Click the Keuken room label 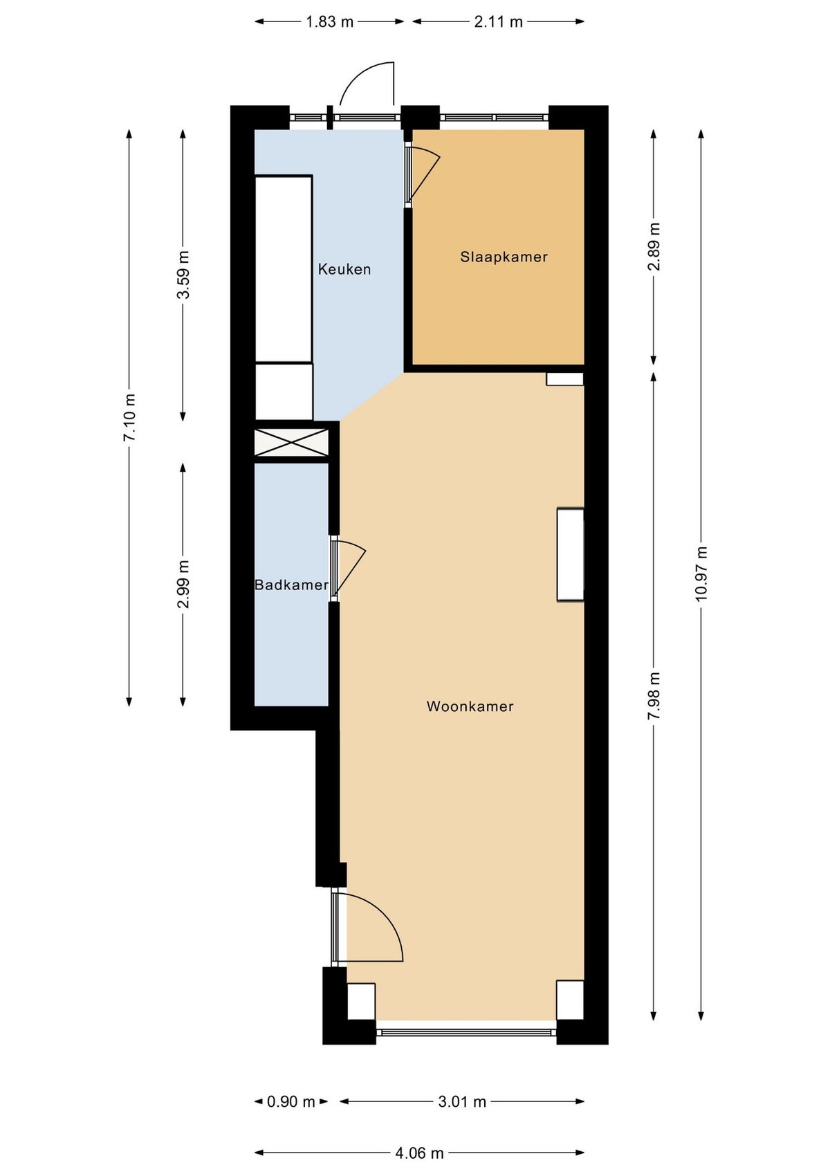coord(344,269)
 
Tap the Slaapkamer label coord(504,257)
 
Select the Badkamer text coord(291,585)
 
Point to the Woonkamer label coord(470,706)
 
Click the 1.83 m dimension coord(329,21)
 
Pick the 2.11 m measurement coord(498,21)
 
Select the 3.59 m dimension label coord(183,275)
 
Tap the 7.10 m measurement coord(129,417)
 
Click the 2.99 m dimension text coord(183,585)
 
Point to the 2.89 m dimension coord(654,247)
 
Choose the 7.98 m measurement coord(654,695)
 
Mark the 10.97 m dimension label coord(701,574)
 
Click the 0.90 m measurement coord(290,1101)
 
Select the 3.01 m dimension coord(462,1101)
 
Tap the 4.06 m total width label coord(419,1153)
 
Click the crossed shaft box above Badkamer coord(291,442)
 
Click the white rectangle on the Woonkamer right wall coord(571,554)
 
